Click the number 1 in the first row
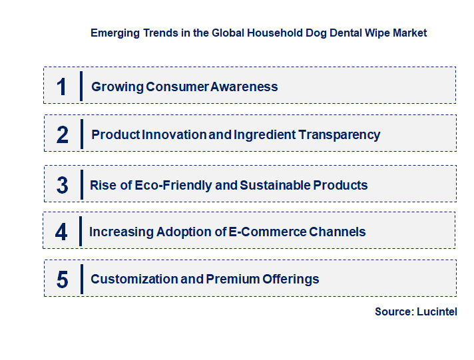pyautogui.click(x=62, y=87)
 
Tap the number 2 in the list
pyautogui.click(x=63, y=134)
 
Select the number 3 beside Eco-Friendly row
pyautogui.click(x=63, y=185)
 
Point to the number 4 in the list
pyautogui.click(x=62, y=232)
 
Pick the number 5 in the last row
pyautogui.click(x=63, y=279)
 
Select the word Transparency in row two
pyautogui.click(x=339, y=134)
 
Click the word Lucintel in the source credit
pyautogui.click(x=437, y=311)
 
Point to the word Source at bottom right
pyautogui.click(x=393, y=311)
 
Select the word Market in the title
pyautogui.click(x=409, y=32)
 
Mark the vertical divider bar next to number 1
pyautogui.click(x=81, y=87)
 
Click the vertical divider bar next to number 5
pyautogui.click(x=81, y=279)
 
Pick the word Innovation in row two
pyautogui.click(x=174, y=134)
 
